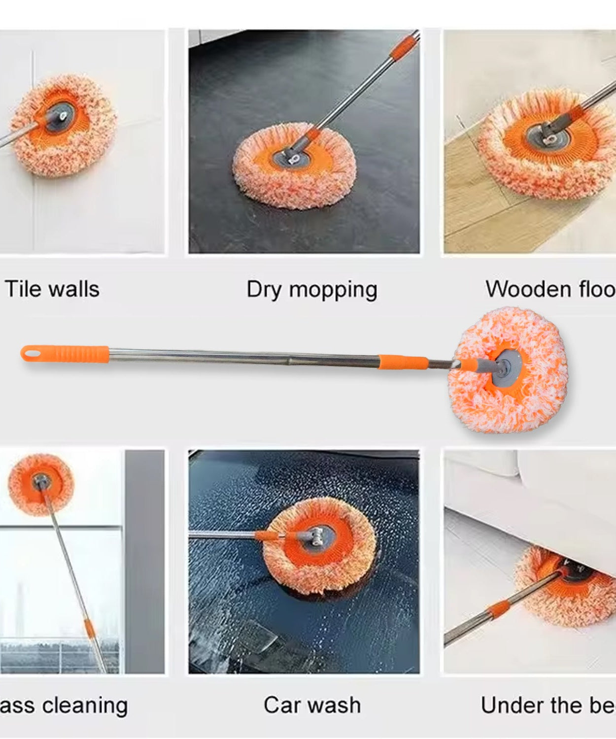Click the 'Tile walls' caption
pos(52,289)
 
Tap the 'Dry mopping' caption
pos(311,290)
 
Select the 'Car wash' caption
pos(312,705)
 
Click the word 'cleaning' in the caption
pos(85,705)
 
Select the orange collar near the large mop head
pos(403,362)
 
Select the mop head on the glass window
pos(41,484)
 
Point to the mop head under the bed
pos(567,586)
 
